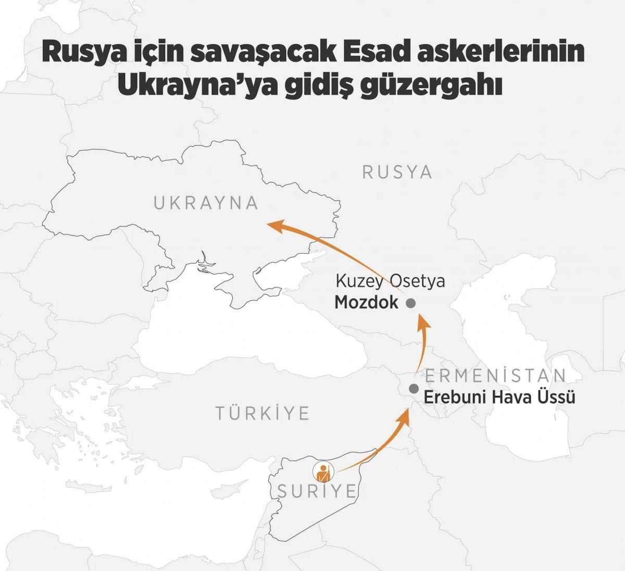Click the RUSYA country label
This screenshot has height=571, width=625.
click(x=397, y=172)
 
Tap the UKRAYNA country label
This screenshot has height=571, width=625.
click(x=206, y=203)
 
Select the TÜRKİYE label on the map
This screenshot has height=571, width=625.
click(x=263, y=414)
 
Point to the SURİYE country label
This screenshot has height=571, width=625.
click(x=316, y=491)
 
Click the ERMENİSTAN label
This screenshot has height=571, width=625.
click(x=495, y=376)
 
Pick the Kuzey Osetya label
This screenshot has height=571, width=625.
click(x=390, y=282)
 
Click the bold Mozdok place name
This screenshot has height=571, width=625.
click(x=366, y=303)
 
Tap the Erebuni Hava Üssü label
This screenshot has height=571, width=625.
click(x=499, y=398)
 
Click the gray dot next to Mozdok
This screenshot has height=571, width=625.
click(x=410, y=303)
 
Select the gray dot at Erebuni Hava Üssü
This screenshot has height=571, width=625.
click(x=414, y=388)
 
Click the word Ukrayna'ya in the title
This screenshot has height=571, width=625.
click(x=195, y=86)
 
